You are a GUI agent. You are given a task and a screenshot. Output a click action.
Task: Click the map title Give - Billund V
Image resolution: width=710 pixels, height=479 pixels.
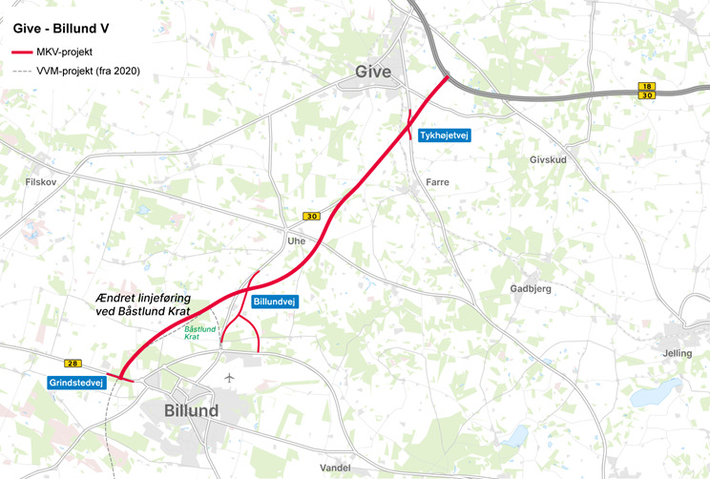click(61, 29)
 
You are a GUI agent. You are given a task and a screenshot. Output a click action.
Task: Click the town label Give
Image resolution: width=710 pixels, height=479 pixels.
click(373, 72)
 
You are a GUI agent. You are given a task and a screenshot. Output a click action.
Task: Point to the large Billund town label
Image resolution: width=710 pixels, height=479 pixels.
click(191, 410)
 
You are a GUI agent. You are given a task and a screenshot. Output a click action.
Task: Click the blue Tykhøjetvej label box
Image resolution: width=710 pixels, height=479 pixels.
click(446, 136)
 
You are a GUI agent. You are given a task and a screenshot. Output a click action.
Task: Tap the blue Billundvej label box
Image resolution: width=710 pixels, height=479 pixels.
click(276, 302)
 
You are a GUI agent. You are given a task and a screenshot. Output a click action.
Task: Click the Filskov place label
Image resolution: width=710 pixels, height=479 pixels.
click(44, 179)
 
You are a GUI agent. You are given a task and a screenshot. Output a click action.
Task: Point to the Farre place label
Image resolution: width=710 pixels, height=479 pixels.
click(438, 181)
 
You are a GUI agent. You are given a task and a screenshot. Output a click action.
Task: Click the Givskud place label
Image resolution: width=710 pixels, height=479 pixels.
click(547, 159)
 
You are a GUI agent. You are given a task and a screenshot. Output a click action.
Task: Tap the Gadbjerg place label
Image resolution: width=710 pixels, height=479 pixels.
click(531, 289)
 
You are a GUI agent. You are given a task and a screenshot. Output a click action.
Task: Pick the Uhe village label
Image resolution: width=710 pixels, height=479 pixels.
click(296, 241)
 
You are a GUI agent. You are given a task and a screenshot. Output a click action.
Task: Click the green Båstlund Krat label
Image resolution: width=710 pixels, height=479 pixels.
click(200, 332)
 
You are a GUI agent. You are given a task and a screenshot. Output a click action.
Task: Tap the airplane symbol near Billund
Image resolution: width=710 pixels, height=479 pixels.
click(229, 378)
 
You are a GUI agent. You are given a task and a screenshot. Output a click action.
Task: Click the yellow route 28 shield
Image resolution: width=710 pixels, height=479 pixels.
click(73, 363)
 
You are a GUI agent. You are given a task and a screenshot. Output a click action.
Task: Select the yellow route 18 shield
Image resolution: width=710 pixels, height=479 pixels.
click(646, 86)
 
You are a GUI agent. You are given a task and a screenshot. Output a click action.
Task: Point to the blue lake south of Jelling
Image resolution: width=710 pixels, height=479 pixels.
click(649, 395)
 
